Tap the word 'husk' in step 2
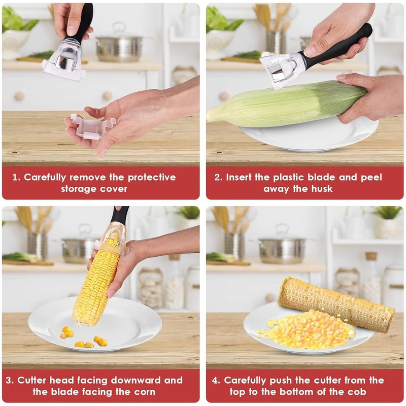point(320,189)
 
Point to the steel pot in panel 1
point(119,44)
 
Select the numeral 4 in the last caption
point(215,381)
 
